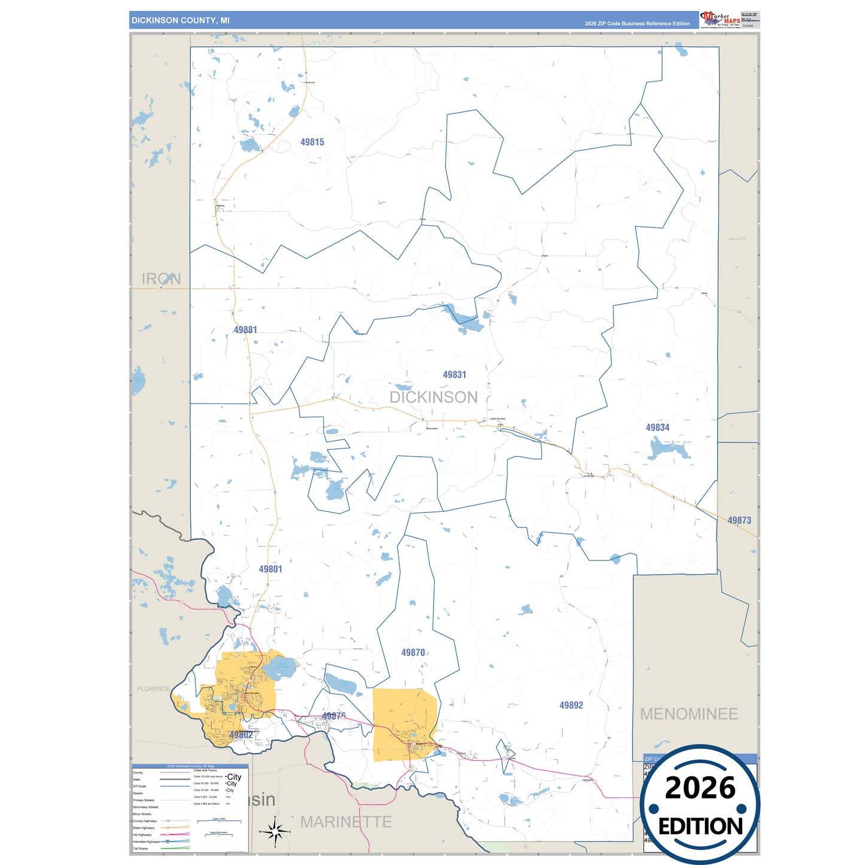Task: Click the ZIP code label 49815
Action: pyautogui.click(x=312, y=142)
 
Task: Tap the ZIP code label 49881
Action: pyautogui.click(x=245, y=330)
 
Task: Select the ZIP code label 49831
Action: pyautogui.click(x=454, y=375)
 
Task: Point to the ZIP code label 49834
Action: pyautogui.click(x=657, y=427)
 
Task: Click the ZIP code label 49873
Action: pyautogui.click(x=739, y=520)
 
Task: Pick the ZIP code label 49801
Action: pyautogui.click(x=270, y=569)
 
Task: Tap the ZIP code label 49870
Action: pyautogui.click(x=413, y=652)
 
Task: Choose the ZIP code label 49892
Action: pyautogui.click(x=571, y=705)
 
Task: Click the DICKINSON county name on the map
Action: pyautogui.click(x=433, y=397)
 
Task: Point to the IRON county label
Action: pyautogui.click(x=161, y=279)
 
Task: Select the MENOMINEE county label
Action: pyautogui.click(x=689, y=714)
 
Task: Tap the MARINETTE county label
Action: pyautogui.click(x=346, y=822)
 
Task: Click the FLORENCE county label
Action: pyautogui.click(x=154, y=689)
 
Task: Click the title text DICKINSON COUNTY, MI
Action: pyautogui.click(x=180, y=20)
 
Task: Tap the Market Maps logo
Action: pyautogui.click(x=720, y=20)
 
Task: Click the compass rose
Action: pyautogui.click(x=275, y=831)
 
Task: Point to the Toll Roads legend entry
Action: pyautogui.click(x=141, y=848)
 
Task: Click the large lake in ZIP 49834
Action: pyautogui.click(x=668, y=448)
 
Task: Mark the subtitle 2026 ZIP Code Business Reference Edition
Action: pyautogui.click(x=637, y=23)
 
